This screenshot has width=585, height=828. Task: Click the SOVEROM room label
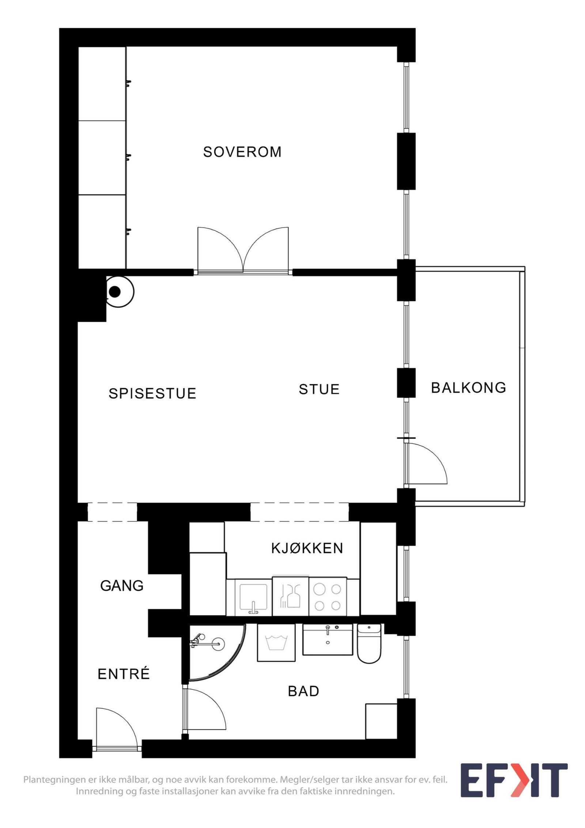tap(242, 152)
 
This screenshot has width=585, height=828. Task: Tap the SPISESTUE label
tap(152, 393)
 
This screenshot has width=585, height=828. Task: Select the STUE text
tap(319, 389)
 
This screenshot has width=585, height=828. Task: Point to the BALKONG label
tap(468, 388)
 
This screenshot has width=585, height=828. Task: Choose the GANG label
tap(122, 586)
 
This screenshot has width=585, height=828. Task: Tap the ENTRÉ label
tap(124, 674)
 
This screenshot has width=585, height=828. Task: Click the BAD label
tap(303, 691)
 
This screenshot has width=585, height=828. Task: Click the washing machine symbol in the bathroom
tap(276, 643)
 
